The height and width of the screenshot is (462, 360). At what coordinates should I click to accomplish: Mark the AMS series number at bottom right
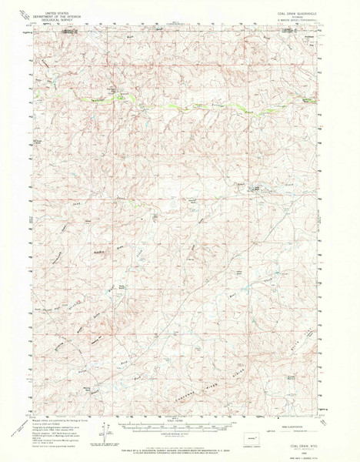(x=308, y=456)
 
